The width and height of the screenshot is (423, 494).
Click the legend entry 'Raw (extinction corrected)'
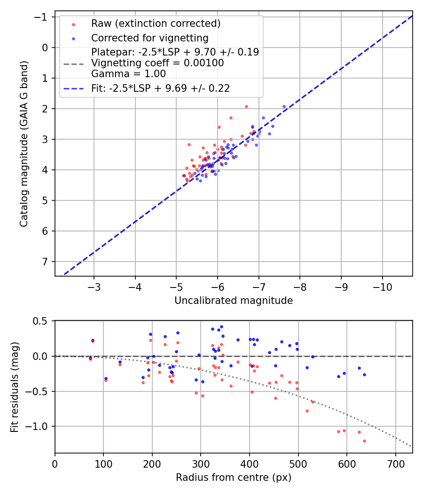(156, 24)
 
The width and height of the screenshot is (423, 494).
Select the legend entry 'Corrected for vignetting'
(149, 38)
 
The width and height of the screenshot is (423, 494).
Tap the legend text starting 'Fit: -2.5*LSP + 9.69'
(160, 88)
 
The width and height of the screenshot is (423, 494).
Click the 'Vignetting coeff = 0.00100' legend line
(157, 63)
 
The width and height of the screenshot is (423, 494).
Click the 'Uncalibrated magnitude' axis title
(234, 301)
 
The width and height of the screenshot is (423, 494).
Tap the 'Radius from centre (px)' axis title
(234, 478)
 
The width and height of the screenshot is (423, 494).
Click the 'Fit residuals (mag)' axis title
(15, 387)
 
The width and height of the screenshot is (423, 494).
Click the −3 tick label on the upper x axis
(94, 287)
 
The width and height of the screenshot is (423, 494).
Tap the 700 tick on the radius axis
(395, 463)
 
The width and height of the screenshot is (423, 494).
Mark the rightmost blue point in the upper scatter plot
(284, 107)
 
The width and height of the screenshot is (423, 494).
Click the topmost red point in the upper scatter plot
(246, 106)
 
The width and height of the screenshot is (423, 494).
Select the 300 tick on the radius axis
(201, 463)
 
